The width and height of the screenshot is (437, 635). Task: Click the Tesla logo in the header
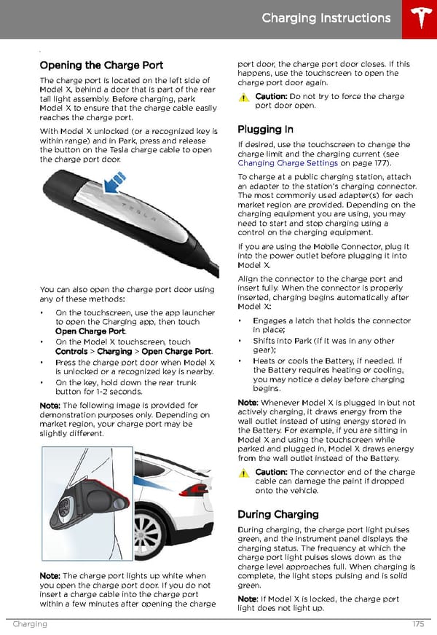point(418,19)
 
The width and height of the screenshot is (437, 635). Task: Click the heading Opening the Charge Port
point(101,65)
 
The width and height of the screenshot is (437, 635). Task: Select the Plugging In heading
point(265,130)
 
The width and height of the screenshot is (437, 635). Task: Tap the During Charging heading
point(278,514)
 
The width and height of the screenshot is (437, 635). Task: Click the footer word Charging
point(30,624)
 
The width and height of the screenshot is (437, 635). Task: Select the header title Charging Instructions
point(326,18)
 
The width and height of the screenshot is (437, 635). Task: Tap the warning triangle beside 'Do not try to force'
point(244,98)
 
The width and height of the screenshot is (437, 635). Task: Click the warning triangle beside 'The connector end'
point(244,473)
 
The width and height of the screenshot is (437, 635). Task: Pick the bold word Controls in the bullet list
point(72,351)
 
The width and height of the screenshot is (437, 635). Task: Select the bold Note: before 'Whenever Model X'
point(248,403)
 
